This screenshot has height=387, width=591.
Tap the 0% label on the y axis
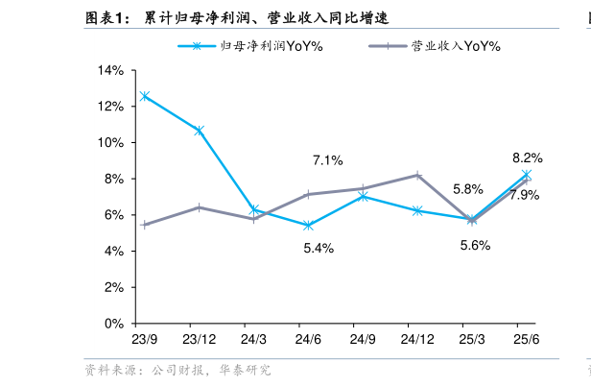tap(114, 324)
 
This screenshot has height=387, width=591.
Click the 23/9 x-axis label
tap(144, 340)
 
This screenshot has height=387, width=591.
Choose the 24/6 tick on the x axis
tap(308, 340)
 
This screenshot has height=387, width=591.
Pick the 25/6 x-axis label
tap(527, 340)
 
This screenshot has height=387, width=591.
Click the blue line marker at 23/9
tap(144, 96)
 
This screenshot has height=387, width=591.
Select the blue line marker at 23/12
tap(199, 131)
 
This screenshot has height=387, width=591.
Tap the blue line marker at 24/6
tap(308, 226)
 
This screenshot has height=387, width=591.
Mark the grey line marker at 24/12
tap(417, 175)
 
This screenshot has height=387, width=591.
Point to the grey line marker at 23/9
tap(144, 225)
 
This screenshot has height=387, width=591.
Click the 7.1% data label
tap(328, 160)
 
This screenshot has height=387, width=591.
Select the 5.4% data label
tap(318, 249)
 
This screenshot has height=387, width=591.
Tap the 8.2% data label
tap(527, 157)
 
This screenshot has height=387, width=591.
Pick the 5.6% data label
tap(475, 245)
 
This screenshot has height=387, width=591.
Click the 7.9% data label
tap(524, 195)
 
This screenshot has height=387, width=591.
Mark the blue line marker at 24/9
tap(363, 196)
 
